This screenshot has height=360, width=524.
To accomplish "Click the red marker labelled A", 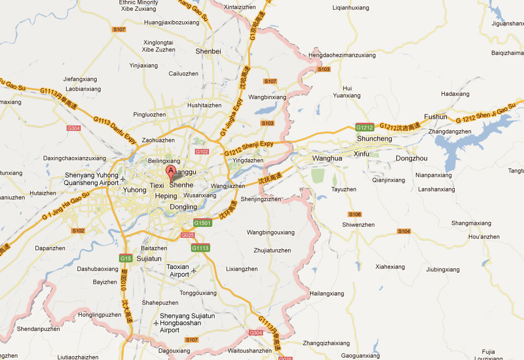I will pos(170,173).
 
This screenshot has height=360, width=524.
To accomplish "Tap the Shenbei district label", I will pos(208,51).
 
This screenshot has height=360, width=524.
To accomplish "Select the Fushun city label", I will pos(436,117).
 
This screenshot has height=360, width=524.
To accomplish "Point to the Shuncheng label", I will pos(374,139).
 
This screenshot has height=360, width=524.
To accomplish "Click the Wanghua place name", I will pos(327,158).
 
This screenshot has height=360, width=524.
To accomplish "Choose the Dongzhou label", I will pos(412,158).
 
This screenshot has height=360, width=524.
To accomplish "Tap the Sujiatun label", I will pos(150,258).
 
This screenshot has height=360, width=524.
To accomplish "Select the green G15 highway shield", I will pos(126,258).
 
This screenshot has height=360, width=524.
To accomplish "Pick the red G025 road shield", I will pos(187,235).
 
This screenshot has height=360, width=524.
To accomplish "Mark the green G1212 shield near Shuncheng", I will pos(365,128).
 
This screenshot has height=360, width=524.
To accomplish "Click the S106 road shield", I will pos(355,214).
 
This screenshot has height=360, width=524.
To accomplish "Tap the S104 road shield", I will pos(403,231).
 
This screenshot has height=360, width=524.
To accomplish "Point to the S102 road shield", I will pos(79,231).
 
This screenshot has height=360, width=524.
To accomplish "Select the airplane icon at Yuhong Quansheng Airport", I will pos(123,179).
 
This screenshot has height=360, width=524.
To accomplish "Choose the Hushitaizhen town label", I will pos(204,105).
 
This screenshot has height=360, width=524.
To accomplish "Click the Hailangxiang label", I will pos(327,293).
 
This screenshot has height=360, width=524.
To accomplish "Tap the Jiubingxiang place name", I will pos(443,269).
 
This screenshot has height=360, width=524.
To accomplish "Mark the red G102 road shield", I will pos(201,151).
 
